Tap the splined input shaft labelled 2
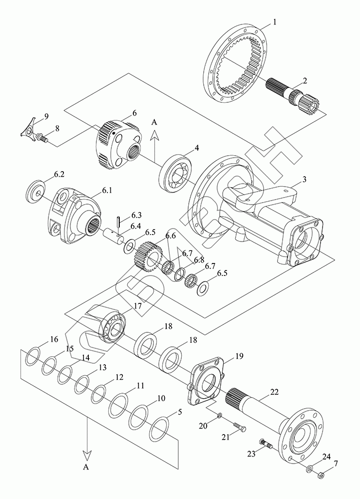[x=292, y=95]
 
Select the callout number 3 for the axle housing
[x=304, y=179]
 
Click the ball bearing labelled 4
[x=176, y=174]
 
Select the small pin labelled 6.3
[x=118, y=221]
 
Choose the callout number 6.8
[x=199, y=259]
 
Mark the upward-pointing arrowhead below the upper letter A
[x=154, y=136]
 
